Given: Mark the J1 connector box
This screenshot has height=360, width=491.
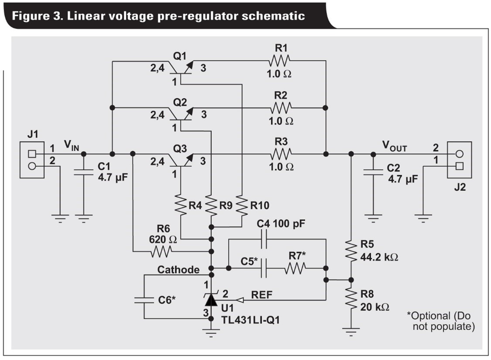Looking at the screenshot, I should [x=32, y=160].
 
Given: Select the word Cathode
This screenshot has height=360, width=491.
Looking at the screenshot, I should [x=178, y=270].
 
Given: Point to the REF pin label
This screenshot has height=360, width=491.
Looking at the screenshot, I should [x=262, y=295].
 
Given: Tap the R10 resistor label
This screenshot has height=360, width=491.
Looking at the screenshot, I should [x=260, y=205].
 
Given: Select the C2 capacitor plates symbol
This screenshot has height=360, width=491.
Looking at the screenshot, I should [x=373, y=171].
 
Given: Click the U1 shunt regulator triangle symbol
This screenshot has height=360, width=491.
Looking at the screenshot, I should [x=211, y=300].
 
